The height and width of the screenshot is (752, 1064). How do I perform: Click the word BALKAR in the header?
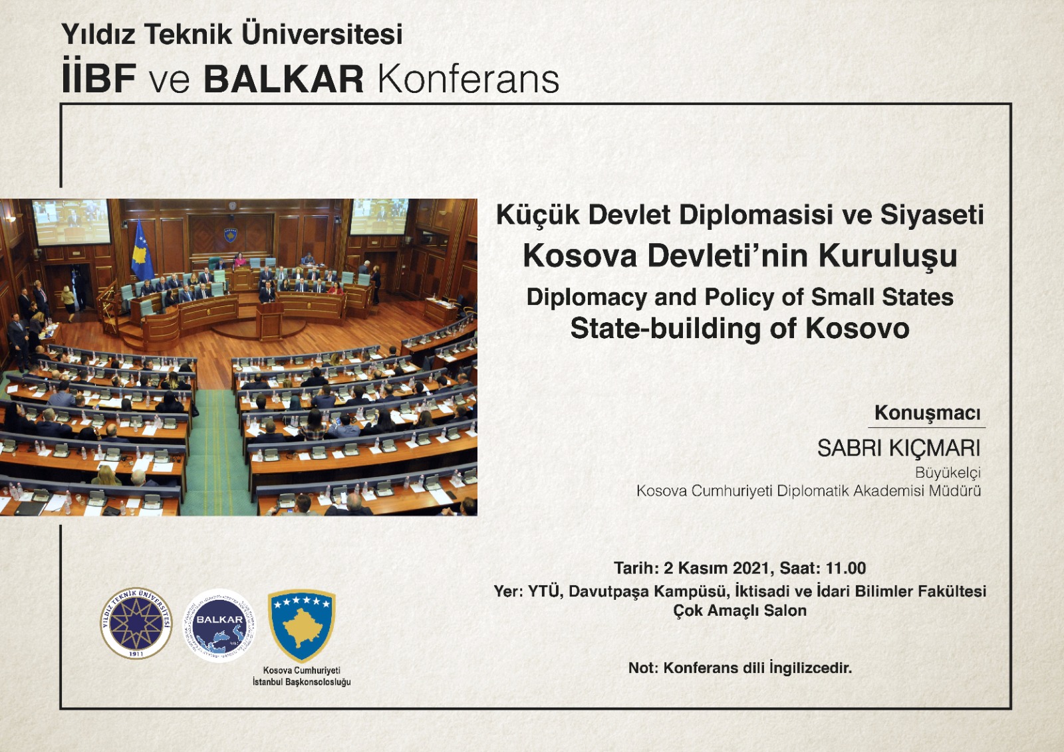click(283, 79)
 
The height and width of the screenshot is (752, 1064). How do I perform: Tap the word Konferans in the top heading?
click(468, 79)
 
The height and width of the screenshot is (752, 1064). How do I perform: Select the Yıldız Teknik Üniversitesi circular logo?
click(136, 623)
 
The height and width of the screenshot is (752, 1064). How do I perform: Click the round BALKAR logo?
click(219, 625)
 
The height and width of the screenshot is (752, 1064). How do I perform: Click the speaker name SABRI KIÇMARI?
click(898, 448)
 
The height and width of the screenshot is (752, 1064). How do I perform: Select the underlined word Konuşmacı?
click(927, 413)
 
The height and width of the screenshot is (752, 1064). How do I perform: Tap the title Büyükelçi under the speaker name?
click(948, 472)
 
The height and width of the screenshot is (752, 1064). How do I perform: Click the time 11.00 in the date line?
click(846, 568)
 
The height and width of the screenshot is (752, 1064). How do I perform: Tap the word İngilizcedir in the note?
click(811, 668)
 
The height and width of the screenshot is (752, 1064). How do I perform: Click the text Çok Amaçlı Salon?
click(739, 610)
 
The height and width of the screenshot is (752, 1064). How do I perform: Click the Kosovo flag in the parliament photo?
click(141, 250)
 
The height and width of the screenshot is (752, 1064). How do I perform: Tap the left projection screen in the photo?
click(70, 222)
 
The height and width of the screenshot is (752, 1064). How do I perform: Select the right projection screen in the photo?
click(379, 217)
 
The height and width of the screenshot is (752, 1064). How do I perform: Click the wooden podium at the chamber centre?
click(270, 321)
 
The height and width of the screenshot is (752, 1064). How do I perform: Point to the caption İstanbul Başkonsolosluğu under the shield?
click(302, 682)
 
